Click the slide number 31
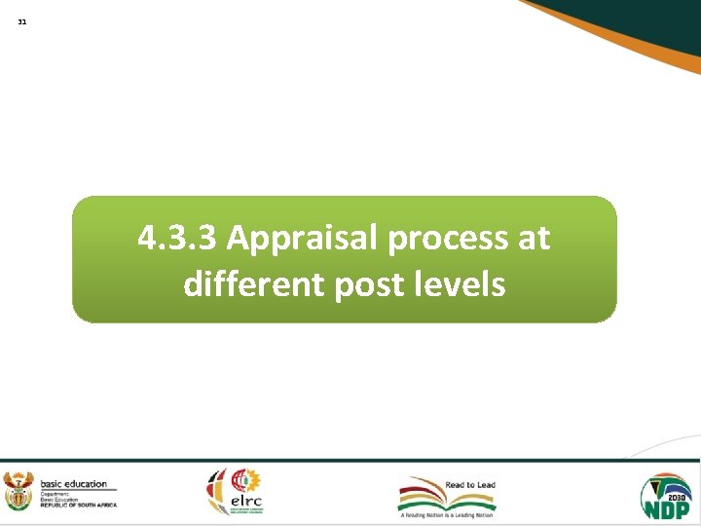(x=22, y=21)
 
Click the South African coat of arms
(x=18, y=492)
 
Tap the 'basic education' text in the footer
(x=73, y=484)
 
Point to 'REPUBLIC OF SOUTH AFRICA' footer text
(x=78, y=505)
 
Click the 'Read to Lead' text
(x=470, y=484)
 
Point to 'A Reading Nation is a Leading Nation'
(x=448, y=515)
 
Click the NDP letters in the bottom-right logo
(x=666, y=507)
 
